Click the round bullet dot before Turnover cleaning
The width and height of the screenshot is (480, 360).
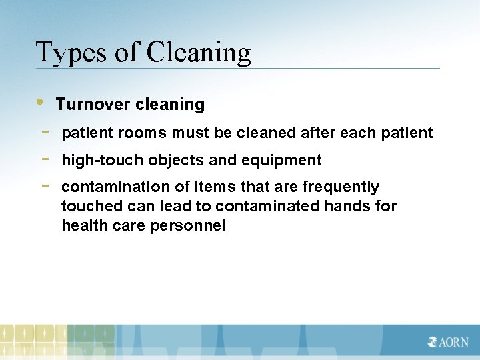click(x=41, y=102)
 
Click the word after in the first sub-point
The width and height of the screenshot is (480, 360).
click(x=318, y=133)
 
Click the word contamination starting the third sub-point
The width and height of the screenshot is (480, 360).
click(x=113, y=187)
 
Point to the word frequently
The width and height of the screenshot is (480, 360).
click(x=341, y=187)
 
